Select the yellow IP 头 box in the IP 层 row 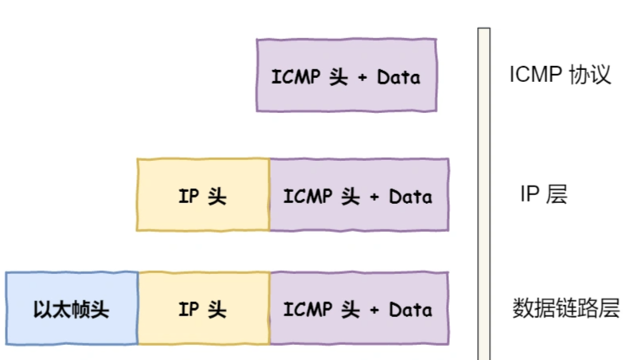[x=203, y=195]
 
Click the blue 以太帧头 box [x=72, y=309]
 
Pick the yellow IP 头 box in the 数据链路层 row [x=203, y=309]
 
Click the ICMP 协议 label [x=560, y=76]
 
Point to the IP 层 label [x=543, y=194]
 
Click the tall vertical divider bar [x=483, y=191]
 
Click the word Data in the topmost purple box [x=398, y=78]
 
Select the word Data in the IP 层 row [x=410, y=196]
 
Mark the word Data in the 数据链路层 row [x=410, y=310]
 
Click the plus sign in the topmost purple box [x=362, y=79]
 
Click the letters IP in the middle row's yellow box [x=188, y=196]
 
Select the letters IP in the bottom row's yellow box [x=188, y=310]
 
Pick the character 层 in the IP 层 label [x=557, y=194]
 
